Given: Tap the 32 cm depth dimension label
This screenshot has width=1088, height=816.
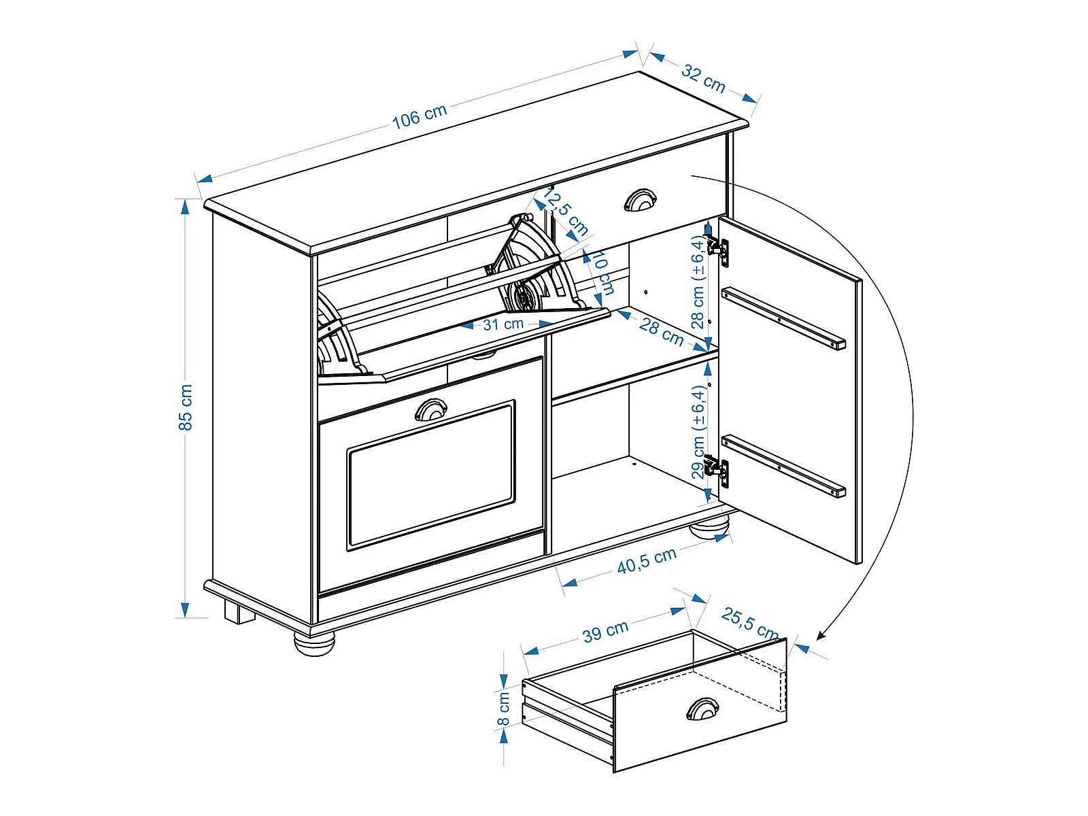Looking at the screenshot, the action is point(703,78).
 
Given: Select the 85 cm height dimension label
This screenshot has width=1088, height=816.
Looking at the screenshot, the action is point(186,407).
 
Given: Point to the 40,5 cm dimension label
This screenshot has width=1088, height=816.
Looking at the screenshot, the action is point(647,561).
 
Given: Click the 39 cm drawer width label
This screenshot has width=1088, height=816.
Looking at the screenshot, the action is point(605,632).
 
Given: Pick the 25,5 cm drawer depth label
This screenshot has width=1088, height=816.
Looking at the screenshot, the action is point(750,623).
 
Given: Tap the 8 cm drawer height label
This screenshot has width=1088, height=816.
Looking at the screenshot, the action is point(503,709).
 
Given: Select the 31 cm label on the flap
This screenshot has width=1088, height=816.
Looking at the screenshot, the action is point(503,324).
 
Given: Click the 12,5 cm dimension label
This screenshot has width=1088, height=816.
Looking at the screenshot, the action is point(565,211).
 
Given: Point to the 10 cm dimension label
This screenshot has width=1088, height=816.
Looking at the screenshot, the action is point(603,273).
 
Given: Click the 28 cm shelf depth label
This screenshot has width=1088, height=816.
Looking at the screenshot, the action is point(661,332).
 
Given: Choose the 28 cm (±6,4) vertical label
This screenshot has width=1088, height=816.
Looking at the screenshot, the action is point(698,282).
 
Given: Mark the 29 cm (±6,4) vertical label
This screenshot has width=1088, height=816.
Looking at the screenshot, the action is point(698,432).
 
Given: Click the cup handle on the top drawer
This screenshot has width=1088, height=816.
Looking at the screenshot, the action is point(640,200).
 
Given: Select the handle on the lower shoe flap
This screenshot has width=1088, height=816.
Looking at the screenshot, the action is point(430,410).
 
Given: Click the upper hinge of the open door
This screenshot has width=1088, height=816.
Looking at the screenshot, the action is point(718,250).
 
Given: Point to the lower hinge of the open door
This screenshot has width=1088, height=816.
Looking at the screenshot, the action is point(718,471).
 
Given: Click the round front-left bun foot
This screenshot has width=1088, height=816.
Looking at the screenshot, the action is point(314,645).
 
